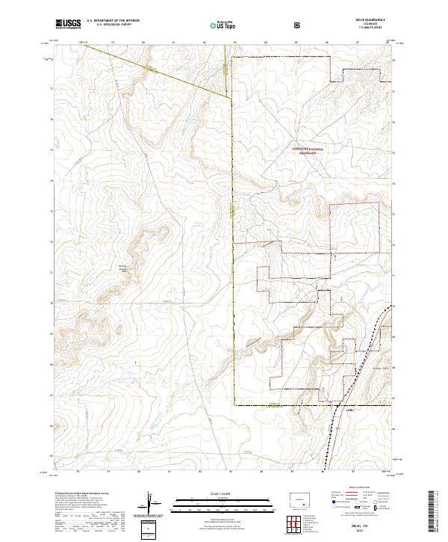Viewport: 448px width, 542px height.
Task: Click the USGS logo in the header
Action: (x=69, y=24)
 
